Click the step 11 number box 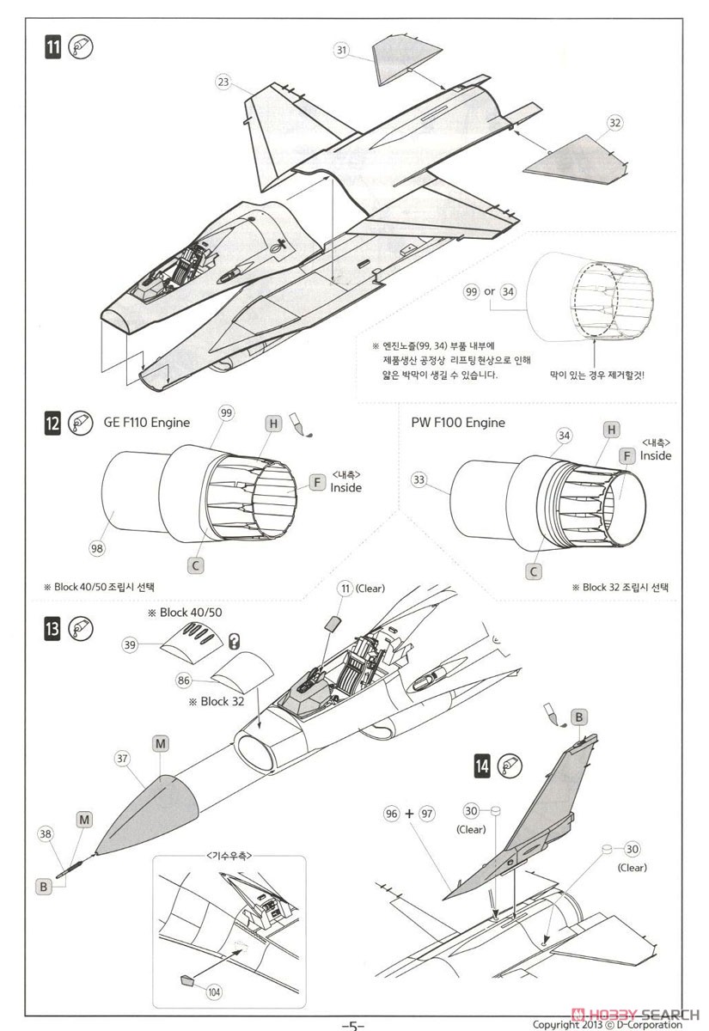click(52, 48)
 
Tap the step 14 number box click(482, 766)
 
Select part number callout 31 click(341, 50)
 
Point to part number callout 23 click(223, 82)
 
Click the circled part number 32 click(615, 123)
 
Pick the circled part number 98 click(96, 548)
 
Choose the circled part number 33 click(419, 480)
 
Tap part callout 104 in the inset click(214, 991)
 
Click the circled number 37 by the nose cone click(122, 758)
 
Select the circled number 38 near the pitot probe click(45, 834)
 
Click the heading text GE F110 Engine click(147, 423)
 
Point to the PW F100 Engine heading click(458, 423)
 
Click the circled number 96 click(391, 814)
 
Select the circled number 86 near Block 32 click(184, 680)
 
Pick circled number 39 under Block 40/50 click(131, 645)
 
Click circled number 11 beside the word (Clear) click(345, 589)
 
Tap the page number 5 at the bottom click(353, 1024)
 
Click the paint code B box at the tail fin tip click(579, 717)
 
